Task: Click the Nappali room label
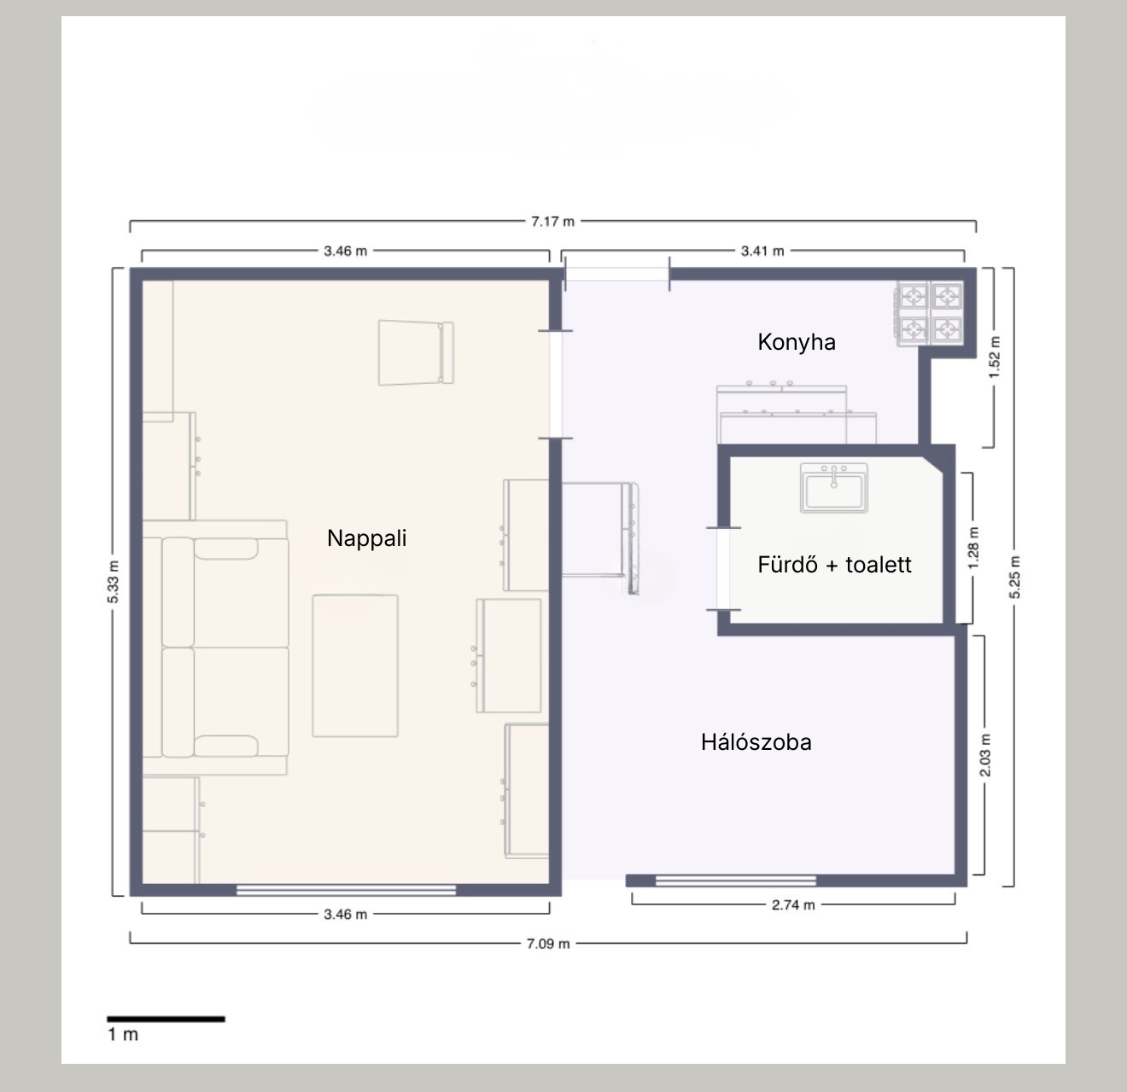tap(366, 538)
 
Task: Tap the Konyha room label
tap(797, 342)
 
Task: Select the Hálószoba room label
tap(756, 742)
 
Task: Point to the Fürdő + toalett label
tap(834, 564)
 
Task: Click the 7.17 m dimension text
tap(552, 222)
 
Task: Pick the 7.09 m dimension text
tap(548, 944)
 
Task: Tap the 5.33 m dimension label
tap(114, 582)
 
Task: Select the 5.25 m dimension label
tap(1014, 577)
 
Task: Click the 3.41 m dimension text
tap(762, 251)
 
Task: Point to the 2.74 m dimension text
tap(793, 905)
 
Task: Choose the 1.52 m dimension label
tap(994, 357)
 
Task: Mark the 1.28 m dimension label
tap(973, 548)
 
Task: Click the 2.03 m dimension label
tap(984, 755)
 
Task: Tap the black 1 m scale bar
tap(166, 1019)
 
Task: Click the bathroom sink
tap(834, 487)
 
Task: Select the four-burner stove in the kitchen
tap(930, 314)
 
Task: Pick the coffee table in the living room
tap(355, 665)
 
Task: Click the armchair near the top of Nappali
tap(416, 352)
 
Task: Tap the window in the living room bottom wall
tap(346, 890)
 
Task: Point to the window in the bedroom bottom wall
tap(735, 880)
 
